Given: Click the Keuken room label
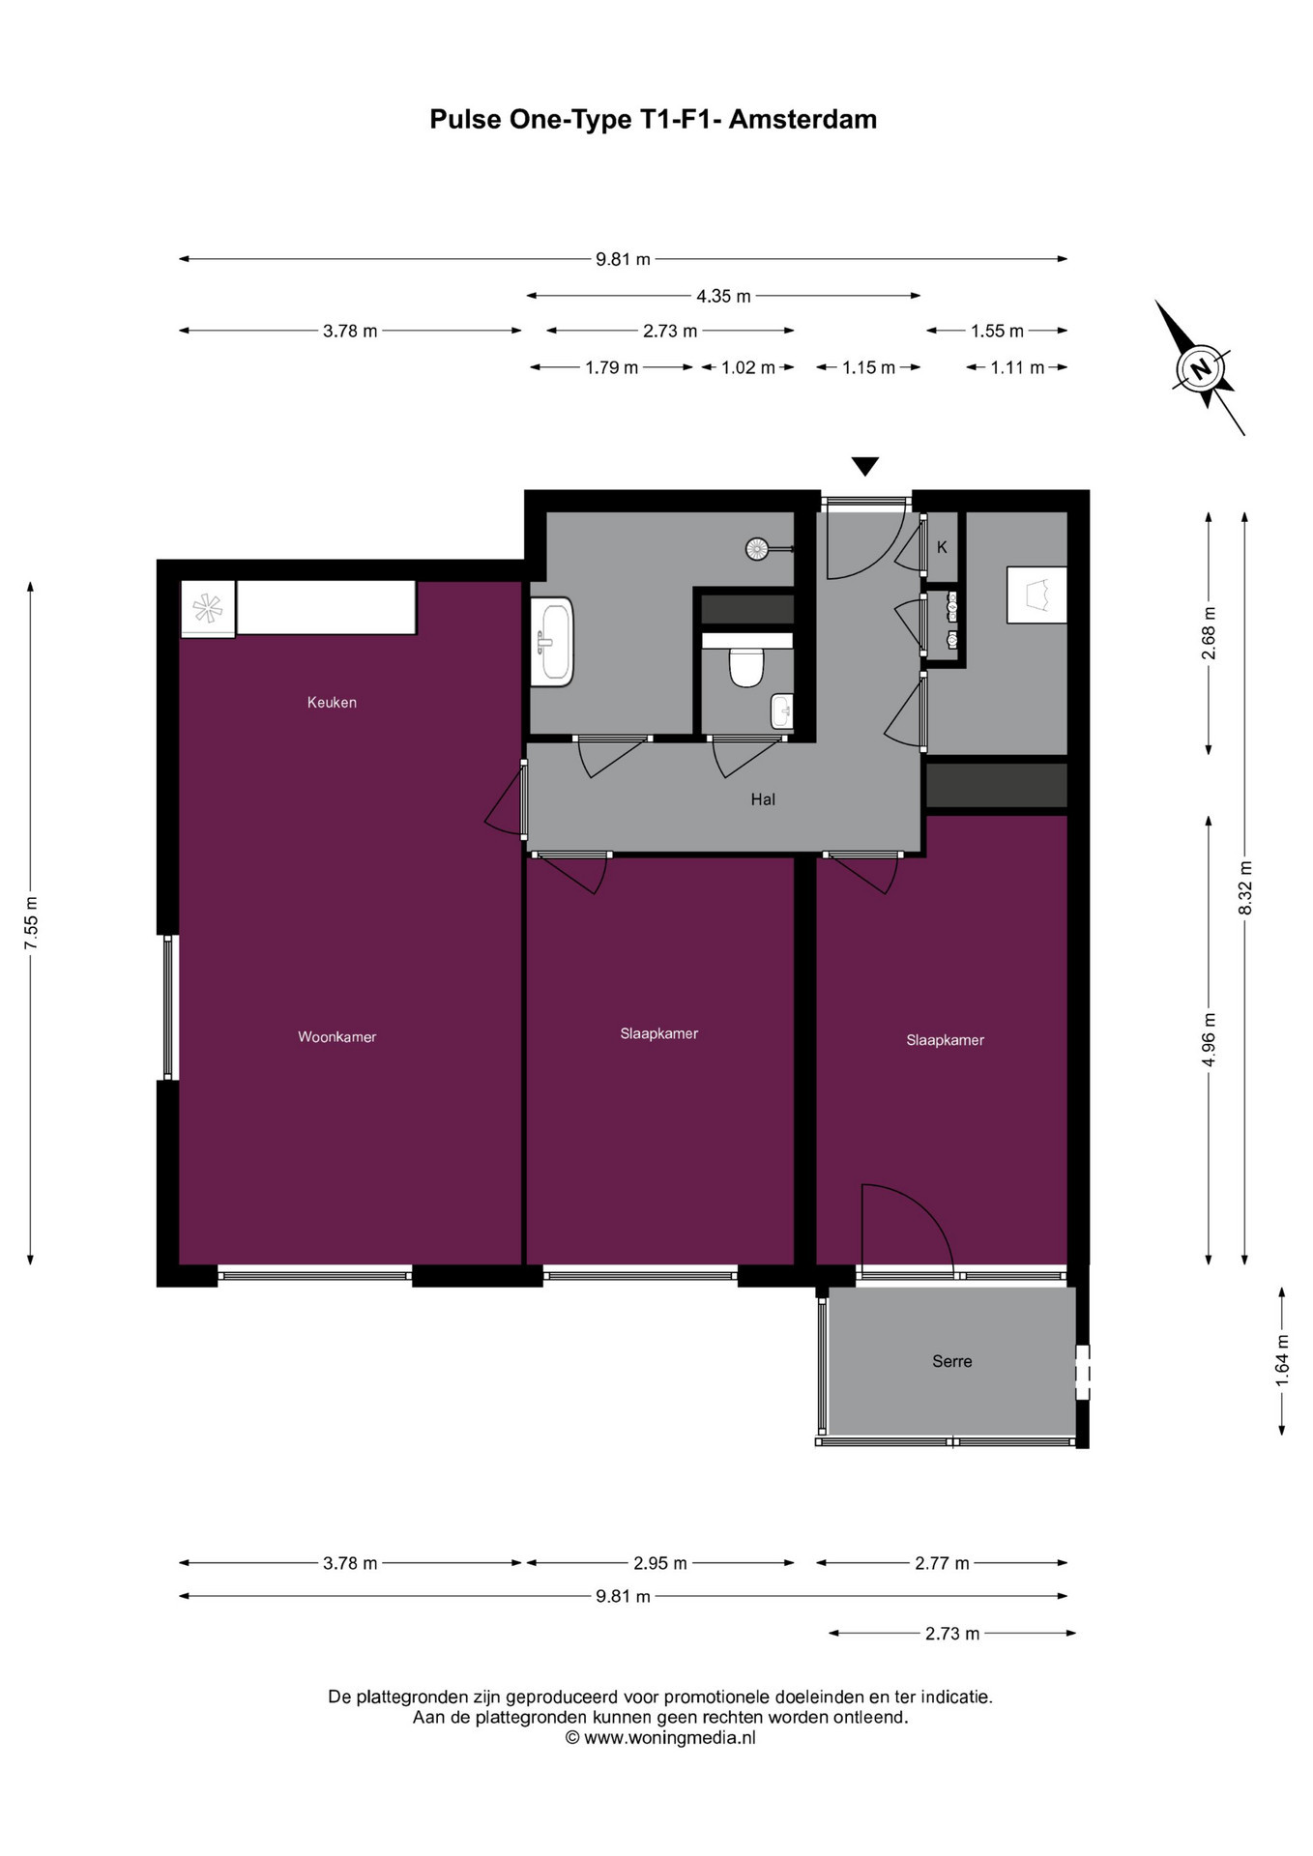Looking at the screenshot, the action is (x=332, y=703).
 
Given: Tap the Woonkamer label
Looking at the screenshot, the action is (x=336, y=1037).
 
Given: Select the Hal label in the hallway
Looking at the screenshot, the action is (x=763, y=799).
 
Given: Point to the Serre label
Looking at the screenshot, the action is (x=952, y=1361).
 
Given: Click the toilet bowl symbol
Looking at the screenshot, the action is (x=746, y=667).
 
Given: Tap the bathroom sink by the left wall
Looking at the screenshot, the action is (x=552, y=641).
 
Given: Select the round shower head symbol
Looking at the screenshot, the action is (x=757, y=549).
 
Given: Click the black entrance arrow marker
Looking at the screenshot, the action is (x=865, y=466).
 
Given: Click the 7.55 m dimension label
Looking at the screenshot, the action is (x=31, y=923).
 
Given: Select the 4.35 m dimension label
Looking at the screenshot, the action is (x=723, y=296).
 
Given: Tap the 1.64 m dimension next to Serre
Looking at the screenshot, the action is (x=1283, y=1360).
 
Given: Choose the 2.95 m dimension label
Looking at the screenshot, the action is (x=660, y=1563).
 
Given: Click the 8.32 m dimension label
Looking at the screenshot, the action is (x=1245, y=887).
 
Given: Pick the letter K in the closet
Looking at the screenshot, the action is (x=942, y=547).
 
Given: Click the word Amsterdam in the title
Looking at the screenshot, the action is (x=802, y=119).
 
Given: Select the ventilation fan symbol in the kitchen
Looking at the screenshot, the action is (x=208, y=608).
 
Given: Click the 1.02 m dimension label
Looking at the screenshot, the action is (x=748, y=367).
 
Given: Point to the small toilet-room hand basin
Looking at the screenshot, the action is (x=781, y=711).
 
